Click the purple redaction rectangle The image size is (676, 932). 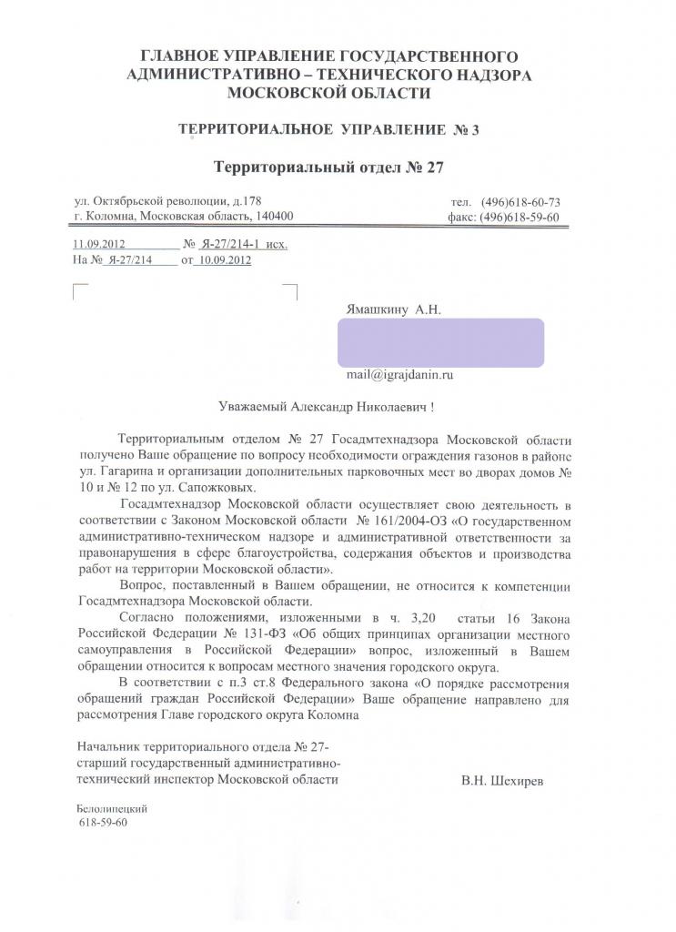click(440, 342)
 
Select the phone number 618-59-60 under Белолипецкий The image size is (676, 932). click(104, 823)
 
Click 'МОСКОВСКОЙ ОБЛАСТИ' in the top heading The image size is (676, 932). click(328, 93)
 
